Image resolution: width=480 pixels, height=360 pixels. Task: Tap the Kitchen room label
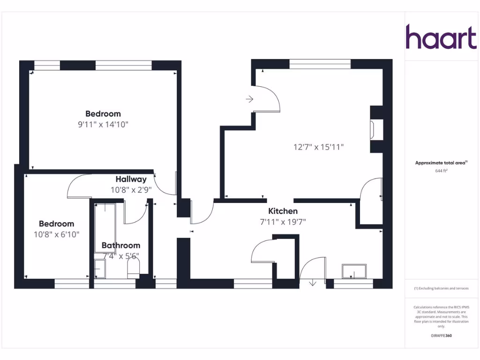tap(283, 211)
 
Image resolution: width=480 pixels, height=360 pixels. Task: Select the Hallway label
tap(131, 179)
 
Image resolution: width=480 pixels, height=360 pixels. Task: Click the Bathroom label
tap(121, 245)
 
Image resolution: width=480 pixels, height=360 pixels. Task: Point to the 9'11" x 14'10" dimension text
tap(103, 124)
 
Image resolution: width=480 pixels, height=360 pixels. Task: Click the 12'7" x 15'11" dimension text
tap(319, 147)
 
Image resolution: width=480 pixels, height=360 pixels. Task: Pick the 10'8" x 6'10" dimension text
tap(56, 234)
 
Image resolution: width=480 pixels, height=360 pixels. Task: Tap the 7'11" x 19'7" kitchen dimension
tap(283, 222)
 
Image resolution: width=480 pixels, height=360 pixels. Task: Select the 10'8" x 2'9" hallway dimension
tap(131, 190)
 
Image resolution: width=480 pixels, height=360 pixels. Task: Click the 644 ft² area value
tap(441, 171)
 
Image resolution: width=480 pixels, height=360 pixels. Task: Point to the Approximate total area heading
tap(441, 163)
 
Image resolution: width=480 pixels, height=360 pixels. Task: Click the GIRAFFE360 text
tap(441, 336)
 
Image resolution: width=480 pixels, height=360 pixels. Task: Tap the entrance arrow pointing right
tap(249, 99)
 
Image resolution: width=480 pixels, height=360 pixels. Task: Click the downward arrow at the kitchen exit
tap(313, 283)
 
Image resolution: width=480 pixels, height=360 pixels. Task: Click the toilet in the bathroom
tap(134, 268)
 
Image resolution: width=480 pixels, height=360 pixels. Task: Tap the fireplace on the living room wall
tap(373, 129)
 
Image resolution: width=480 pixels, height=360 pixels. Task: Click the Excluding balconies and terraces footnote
tap(441, 288)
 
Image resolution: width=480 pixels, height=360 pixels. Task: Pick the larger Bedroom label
tap(103, 113)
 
